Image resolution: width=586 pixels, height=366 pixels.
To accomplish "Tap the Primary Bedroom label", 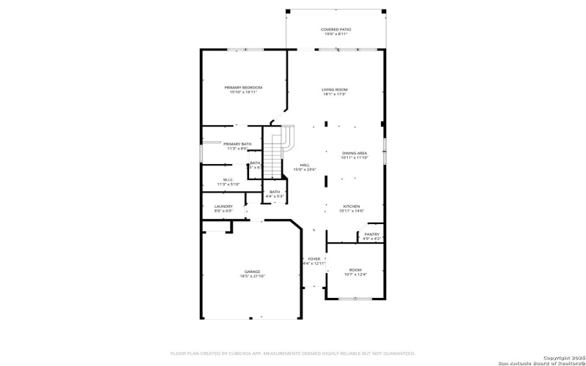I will click(x=243, y=87).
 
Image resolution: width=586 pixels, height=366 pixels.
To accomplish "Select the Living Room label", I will click(x=334, y=89).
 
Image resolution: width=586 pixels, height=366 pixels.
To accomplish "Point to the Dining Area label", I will click(x=354, y=152).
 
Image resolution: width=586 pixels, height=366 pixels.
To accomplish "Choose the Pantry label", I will click(x=372, y=234).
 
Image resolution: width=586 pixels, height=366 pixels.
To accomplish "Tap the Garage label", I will click(x=252, y=271).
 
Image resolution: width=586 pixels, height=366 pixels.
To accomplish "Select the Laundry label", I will click(x=223, y=206).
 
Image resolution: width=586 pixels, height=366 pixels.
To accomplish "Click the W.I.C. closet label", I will click(x=228, y=179).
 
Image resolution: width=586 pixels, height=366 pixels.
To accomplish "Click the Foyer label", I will click(x=314, y=258).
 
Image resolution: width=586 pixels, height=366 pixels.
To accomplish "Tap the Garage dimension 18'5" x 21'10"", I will click(x=252, y=276).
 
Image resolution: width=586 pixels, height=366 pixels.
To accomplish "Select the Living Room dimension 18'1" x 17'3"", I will click(x=334, y=94).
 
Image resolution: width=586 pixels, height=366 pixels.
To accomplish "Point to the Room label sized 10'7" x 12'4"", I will click(x=355, y=269).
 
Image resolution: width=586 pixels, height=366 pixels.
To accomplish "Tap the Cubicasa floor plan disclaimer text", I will click(x=297, y=352).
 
